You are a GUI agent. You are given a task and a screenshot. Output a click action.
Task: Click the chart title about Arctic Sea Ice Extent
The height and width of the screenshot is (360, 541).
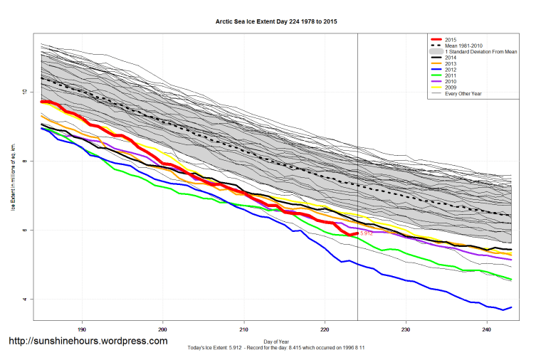pyautogui.click(x=276, y=22)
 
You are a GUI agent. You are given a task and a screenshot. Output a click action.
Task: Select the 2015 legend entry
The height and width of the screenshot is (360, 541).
pyautogui.click(x=449, y=39)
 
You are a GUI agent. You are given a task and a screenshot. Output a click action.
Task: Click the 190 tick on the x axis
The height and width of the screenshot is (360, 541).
pyautogui.click(x=82, y=329)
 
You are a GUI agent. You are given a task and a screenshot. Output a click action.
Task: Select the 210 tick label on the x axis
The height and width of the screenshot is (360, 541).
pyautogui.click(x=244, y=329)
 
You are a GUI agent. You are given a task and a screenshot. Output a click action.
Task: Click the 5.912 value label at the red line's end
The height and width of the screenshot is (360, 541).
pyautogui.click(x=367, y=233)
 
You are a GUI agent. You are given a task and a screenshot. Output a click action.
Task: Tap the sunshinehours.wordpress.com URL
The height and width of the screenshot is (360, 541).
pyautogui.click(x=88, y=341)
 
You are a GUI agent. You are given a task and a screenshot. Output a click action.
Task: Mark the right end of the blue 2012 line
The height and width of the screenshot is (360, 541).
pyautogui.click(x=511, y=307)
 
